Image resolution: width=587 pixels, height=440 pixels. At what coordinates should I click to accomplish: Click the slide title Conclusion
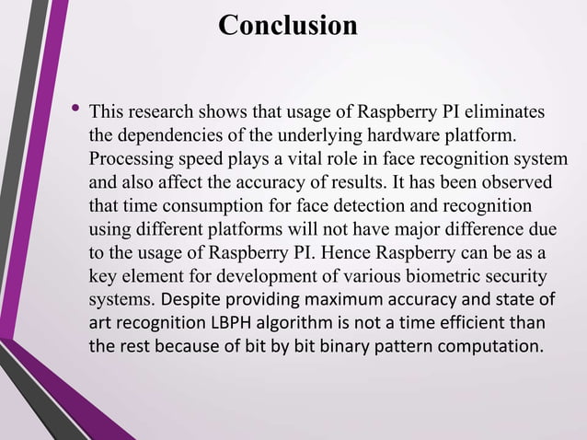point(288,25)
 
